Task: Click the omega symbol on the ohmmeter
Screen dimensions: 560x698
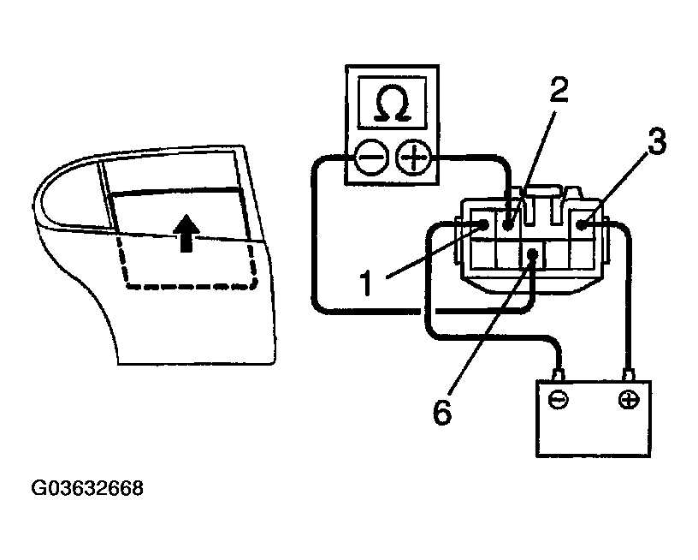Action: coord(392,104)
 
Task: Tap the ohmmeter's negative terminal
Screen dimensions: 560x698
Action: coord(369,158)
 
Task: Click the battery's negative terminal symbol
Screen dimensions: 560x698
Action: coord(558,400)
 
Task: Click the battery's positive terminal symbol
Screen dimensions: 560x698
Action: coord(629,400)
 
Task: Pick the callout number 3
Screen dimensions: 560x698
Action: coord(655,142)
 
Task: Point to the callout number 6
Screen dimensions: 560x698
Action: coord(441,412)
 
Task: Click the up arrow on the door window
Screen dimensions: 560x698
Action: coord(185,231)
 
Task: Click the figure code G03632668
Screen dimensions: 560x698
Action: coord(86,489)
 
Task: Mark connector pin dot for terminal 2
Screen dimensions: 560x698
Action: coord(510,225)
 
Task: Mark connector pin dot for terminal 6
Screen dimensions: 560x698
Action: coord(534,253)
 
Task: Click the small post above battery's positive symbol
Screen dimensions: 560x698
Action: coord(630,375)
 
